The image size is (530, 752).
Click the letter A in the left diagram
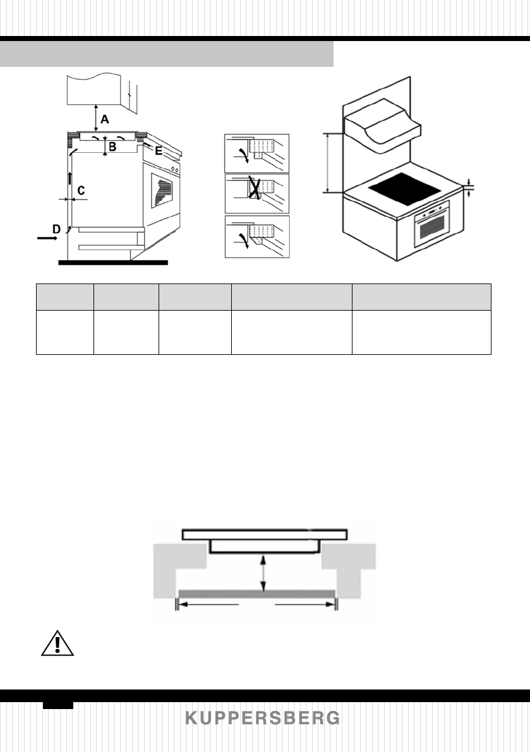coord(105,118)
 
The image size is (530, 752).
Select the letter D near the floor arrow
coord(56,230)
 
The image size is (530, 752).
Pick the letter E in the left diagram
coord(159,150)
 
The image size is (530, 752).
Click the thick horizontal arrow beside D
coord(46,239)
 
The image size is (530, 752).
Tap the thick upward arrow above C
coord(70,178)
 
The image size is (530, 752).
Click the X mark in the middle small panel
coord(256,188)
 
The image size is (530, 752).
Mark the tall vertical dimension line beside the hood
coord(328,163)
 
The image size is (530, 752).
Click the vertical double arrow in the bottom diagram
coord(263,572)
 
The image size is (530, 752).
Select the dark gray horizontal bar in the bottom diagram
coord(256,594)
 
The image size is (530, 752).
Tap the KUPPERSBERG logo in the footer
coord(263,719)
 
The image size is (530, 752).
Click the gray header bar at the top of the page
coord(167,54)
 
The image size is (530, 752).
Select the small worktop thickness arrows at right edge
coord(469,188)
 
